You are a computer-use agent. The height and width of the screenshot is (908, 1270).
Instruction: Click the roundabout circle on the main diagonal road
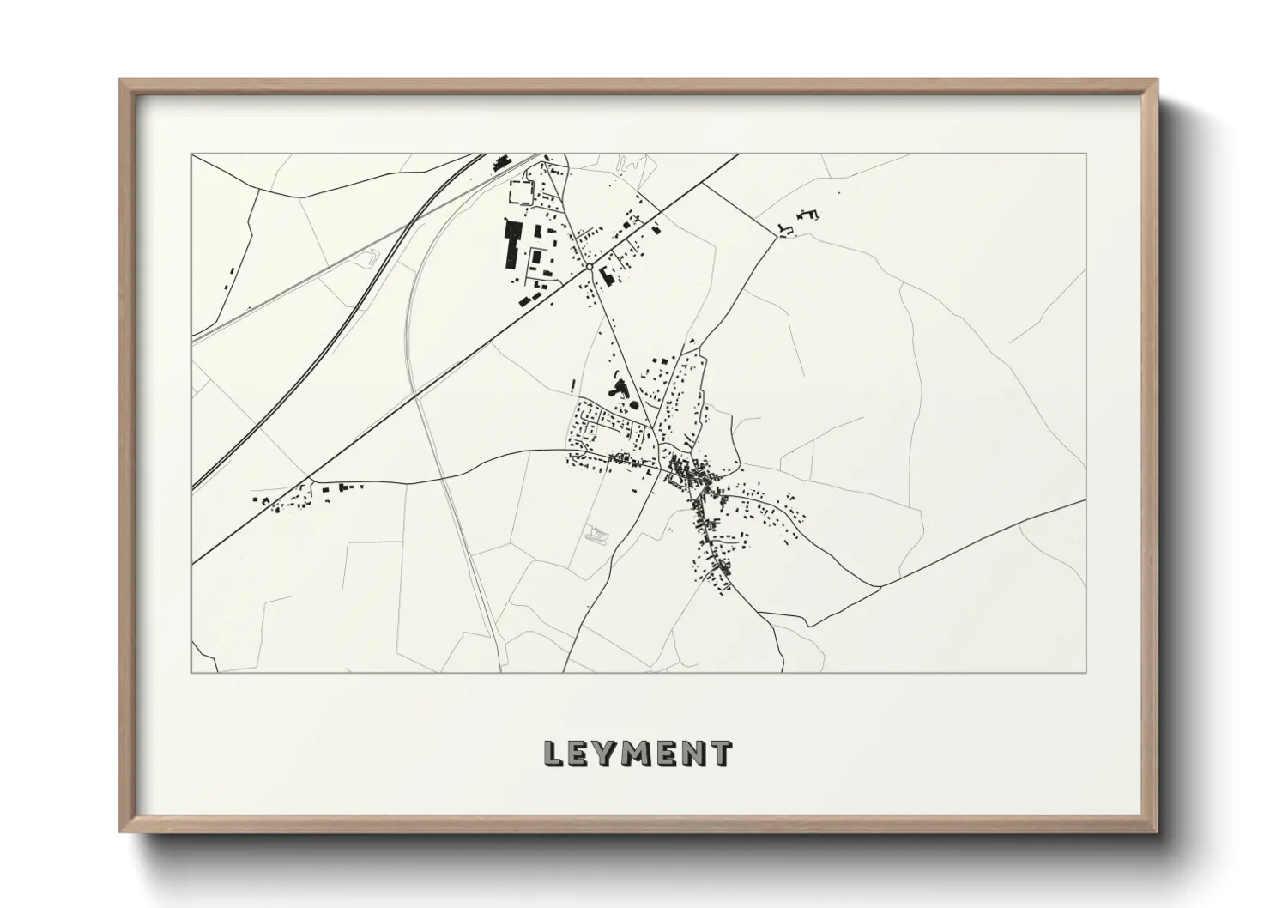[589, 268]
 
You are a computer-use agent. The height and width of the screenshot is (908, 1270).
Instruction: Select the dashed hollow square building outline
[520, 191]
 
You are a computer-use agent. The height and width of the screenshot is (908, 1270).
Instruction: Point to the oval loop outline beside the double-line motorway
[370, 256]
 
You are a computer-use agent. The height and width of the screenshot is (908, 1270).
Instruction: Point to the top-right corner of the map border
[1086, 154]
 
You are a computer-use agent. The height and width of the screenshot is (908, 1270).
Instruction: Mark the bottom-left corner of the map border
[192, 672]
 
